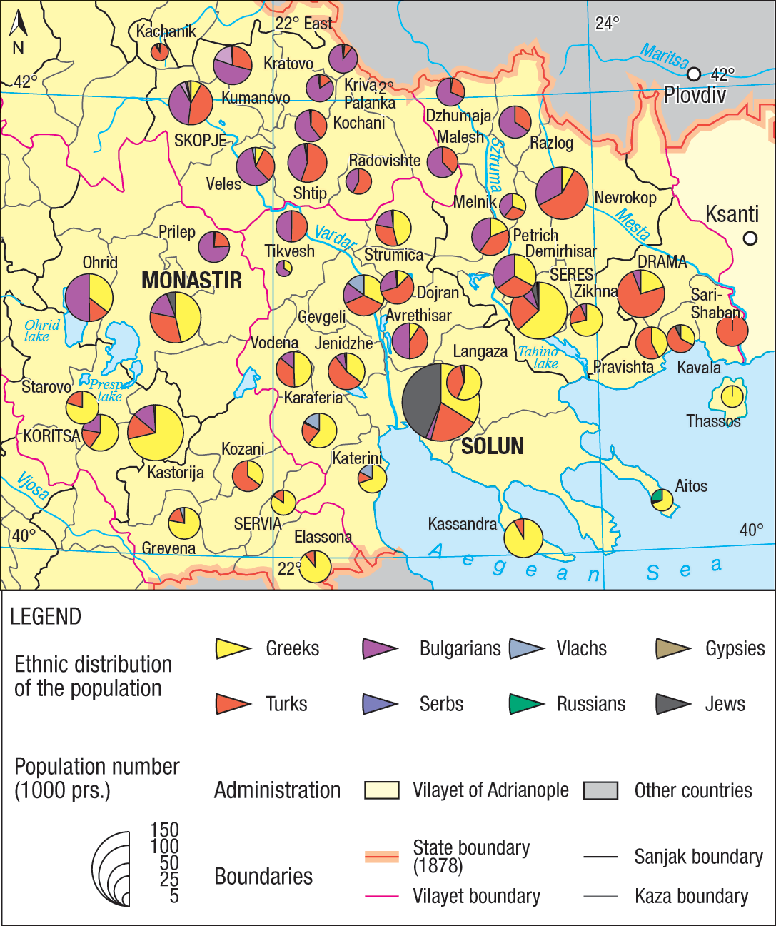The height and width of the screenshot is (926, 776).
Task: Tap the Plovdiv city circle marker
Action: [x=694, y=74]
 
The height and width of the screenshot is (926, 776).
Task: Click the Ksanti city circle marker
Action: [x=750, y=238]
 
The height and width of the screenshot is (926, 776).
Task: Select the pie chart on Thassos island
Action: [x=732, y=396]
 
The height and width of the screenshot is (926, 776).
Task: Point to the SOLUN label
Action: [x=492, y=446]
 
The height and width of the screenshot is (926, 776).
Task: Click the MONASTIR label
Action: [x=191, y=281]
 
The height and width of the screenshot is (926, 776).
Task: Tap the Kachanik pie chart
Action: [x=160, y=51]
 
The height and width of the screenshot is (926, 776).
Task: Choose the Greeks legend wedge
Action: [x=233, y=648]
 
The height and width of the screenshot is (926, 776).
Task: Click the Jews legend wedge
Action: [x=673, y=704]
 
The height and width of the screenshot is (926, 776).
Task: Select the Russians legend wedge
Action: [x=526, y=704]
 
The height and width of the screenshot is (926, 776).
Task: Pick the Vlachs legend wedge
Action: [x=526, y=648]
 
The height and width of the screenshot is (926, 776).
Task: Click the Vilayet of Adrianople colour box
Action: [x=381, y=790]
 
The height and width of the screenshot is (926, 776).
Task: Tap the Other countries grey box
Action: [x=600, y=790]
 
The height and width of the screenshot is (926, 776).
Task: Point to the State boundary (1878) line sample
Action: [x=381, y=857]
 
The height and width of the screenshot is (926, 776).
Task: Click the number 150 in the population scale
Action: [x=164, y=830]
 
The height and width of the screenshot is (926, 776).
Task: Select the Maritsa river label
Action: [x=664, y=56]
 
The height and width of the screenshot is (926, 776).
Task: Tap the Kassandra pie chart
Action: [x=523, y=538]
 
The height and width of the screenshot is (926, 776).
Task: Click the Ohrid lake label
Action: [x=41, y=331]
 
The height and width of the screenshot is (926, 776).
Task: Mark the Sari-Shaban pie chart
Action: [x=732, y=331]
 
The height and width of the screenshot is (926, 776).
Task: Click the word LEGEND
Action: [x=46, y=616]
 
